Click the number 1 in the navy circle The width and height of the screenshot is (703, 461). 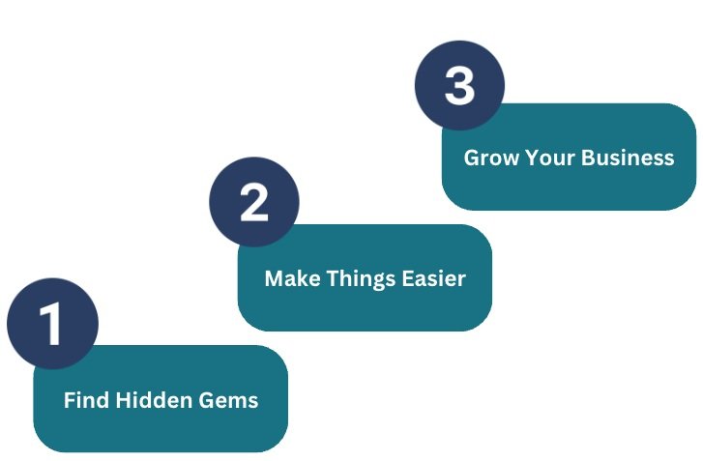pos(51,324)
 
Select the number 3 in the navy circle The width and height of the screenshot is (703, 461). pos(459,85)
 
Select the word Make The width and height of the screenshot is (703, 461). pos(289,279)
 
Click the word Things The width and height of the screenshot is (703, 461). pos(357,279)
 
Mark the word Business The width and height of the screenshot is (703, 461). pos(629,158)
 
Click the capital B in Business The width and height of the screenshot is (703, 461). pos(591,158)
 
